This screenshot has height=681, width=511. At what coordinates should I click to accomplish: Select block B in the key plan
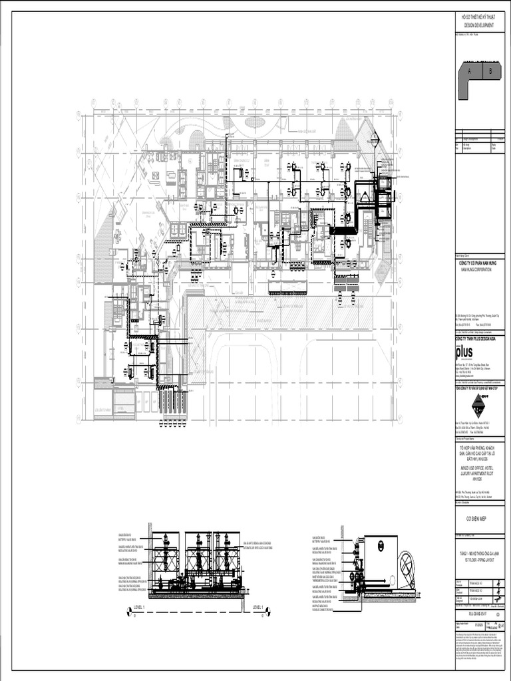490,70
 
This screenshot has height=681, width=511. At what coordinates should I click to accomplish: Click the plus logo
464,351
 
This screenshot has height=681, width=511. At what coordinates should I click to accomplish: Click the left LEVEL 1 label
142,607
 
